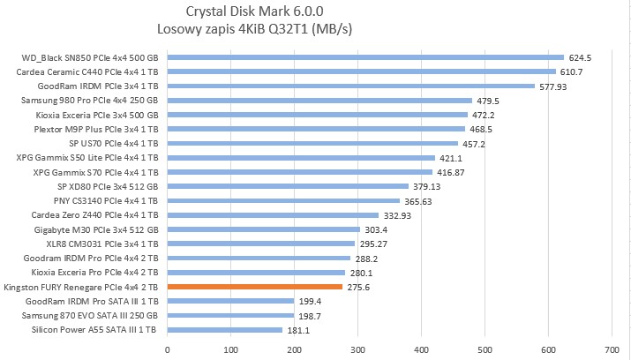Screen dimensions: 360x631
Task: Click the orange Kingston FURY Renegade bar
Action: tap(254, 287)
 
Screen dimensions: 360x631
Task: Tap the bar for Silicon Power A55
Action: tap(224, 330)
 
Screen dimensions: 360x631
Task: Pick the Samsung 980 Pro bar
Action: tap(319, 101)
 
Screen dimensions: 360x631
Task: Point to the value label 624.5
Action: tap(579, 58)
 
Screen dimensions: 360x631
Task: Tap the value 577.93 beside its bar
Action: tap(554, 86)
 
